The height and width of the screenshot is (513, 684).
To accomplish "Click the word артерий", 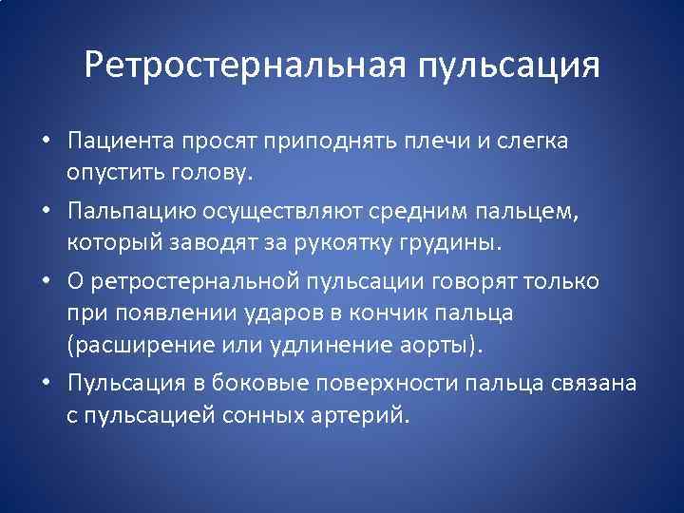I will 367,414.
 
